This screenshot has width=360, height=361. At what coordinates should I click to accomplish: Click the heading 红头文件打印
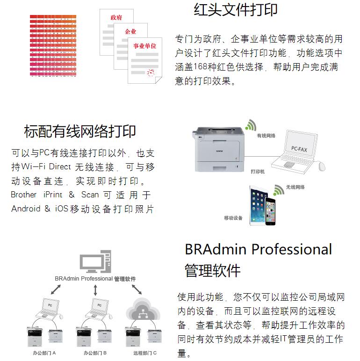tap(236, 10)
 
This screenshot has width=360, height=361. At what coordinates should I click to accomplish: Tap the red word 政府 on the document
tap(116, 17)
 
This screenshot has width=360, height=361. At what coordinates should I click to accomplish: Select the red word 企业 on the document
tap(130, 32)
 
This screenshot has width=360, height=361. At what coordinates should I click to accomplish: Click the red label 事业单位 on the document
tap(144, 46)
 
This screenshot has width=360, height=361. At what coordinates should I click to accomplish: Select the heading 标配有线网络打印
tap(80, 131)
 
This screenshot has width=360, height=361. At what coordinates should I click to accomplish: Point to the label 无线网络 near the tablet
tap(295, 187)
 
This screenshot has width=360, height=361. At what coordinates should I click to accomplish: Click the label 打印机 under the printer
tap(258, 172)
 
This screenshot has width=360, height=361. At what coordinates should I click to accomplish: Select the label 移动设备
tap(233, 218)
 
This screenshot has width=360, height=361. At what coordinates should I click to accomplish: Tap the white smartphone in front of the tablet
tap(271, 211)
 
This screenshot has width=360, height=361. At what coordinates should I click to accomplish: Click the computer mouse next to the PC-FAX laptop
tap(322, 166)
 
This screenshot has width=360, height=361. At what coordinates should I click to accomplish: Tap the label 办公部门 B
tap(95, 353)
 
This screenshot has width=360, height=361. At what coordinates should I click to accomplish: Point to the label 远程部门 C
tap(145, 353)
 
